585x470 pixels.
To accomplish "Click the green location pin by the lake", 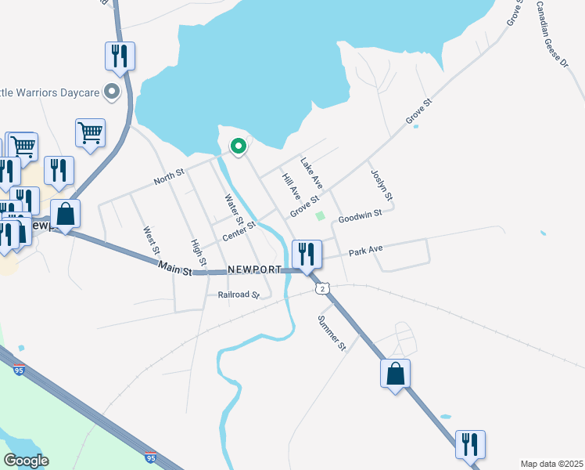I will click(237, 146).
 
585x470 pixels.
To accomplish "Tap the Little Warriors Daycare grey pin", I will click(112, 92).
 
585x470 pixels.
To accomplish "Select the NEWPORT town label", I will click(254, 269).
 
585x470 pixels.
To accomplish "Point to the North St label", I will click(168, 177).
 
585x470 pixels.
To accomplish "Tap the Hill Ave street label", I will click(291, 186).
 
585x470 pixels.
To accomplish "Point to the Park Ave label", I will click(365, 250).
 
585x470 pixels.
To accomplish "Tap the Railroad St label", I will click(238, 295).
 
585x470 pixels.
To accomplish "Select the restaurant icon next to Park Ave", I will click(306, 254).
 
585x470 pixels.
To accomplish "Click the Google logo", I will click(26, 461).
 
